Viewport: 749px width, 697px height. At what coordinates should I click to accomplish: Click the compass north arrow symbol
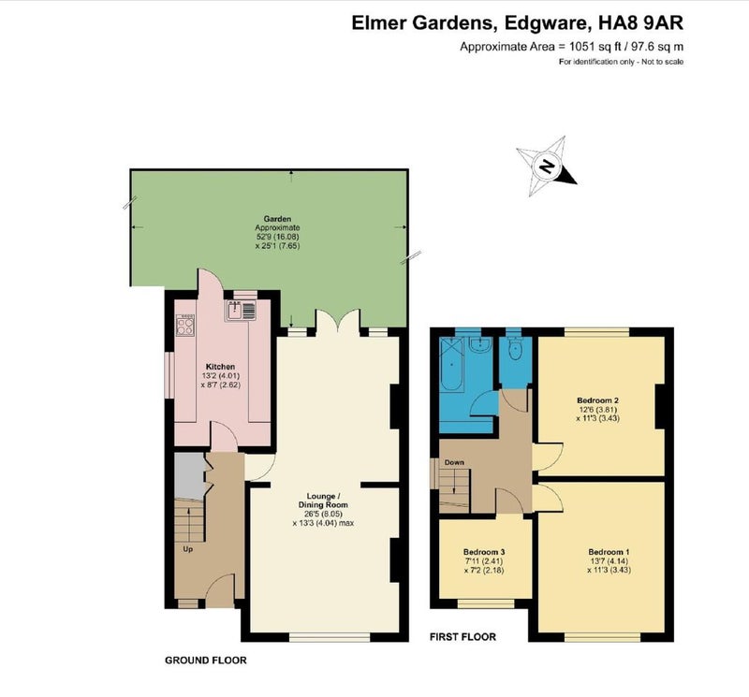[547, 167]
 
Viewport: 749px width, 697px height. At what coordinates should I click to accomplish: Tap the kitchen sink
[241, 311]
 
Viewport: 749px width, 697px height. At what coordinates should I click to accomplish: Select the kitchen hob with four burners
[185, 325]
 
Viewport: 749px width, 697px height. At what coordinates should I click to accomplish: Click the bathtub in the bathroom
[450, 364]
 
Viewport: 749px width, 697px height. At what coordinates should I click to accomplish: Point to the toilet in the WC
[516, 348]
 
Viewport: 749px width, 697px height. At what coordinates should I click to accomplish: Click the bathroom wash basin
[478, 345]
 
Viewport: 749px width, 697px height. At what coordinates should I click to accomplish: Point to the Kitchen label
[221, 367]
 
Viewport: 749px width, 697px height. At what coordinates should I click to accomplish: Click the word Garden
[277, 219]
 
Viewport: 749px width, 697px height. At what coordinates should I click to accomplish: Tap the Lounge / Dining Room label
[323, 501]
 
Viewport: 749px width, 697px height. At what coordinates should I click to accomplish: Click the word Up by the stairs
[188, 549]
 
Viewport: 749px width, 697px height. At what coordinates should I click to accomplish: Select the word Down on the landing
[454, 462]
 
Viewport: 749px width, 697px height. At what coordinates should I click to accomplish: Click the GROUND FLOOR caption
[206, 661]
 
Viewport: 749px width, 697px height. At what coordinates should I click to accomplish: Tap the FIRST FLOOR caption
[463, 637]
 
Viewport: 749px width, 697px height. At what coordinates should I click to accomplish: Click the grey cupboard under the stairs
[190, 476]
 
